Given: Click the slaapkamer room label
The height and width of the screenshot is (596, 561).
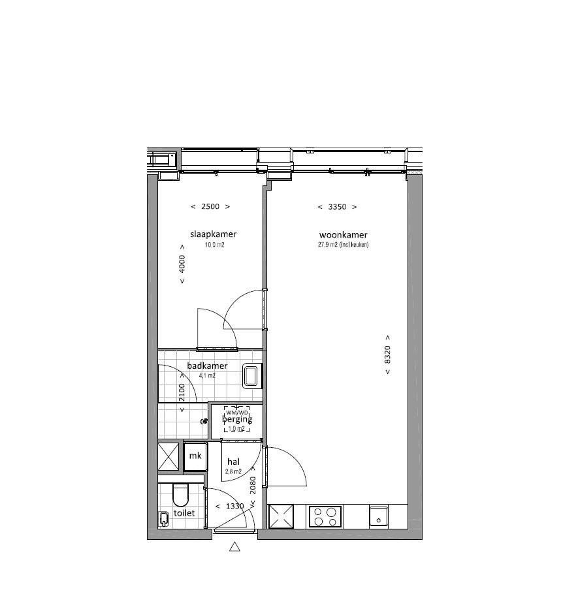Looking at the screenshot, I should click(213, 234).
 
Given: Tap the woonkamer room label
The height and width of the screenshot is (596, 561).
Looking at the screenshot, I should click(343, 235).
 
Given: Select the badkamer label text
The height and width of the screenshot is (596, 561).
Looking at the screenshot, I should click(207, 366).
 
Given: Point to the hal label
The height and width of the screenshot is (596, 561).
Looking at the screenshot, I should click(234, 462).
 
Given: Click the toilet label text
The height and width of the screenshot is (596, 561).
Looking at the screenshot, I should click(184, 513).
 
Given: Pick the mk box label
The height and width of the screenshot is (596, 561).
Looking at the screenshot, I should click(195, 456).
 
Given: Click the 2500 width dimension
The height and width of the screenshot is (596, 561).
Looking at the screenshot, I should click(210, 206).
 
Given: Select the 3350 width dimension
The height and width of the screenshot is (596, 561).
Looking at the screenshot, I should click(337, 207).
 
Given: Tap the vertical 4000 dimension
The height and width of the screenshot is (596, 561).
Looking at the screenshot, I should click(183, 263).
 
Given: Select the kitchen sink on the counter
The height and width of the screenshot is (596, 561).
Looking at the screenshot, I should click(377, 515).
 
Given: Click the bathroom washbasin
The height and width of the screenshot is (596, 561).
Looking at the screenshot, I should click(251, 377).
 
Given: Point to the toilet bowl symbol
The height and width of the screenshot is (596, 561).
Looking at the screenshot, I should click(179, 495).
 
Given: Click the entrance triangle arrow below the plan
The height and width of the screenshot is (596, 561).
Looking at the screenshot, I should click(235, 547).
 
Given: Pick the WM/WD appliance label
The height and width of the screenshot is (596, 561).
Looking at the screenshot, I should click(237, 413).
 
